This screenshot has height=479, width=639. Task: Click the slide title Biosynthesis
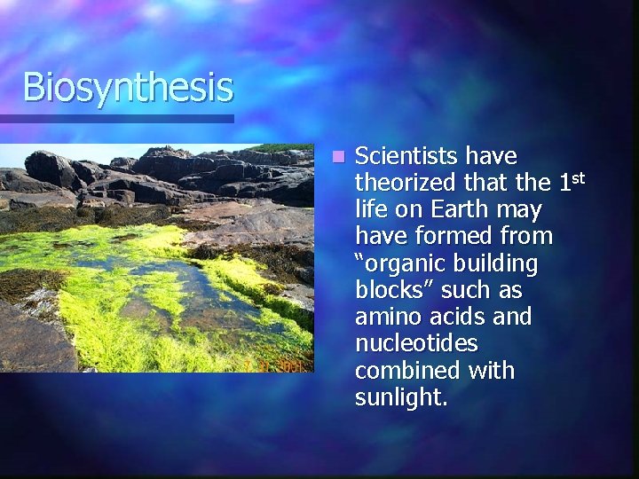[x=128, y=88]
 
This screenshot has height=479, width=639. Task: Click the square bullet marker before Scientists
[x=337, y=157]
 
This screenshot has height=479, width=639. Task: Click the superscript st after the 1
[x=577, y=178]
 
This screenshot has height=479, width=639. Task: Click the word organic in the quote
[x=399, y=263]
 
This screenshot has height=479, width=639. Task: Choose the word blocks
[x=391, y=290]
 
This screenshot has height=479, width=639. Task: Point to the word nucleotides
[x=416, y=343]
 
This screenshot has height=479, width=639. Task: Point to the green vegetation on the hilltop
[x=282, y=147]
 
